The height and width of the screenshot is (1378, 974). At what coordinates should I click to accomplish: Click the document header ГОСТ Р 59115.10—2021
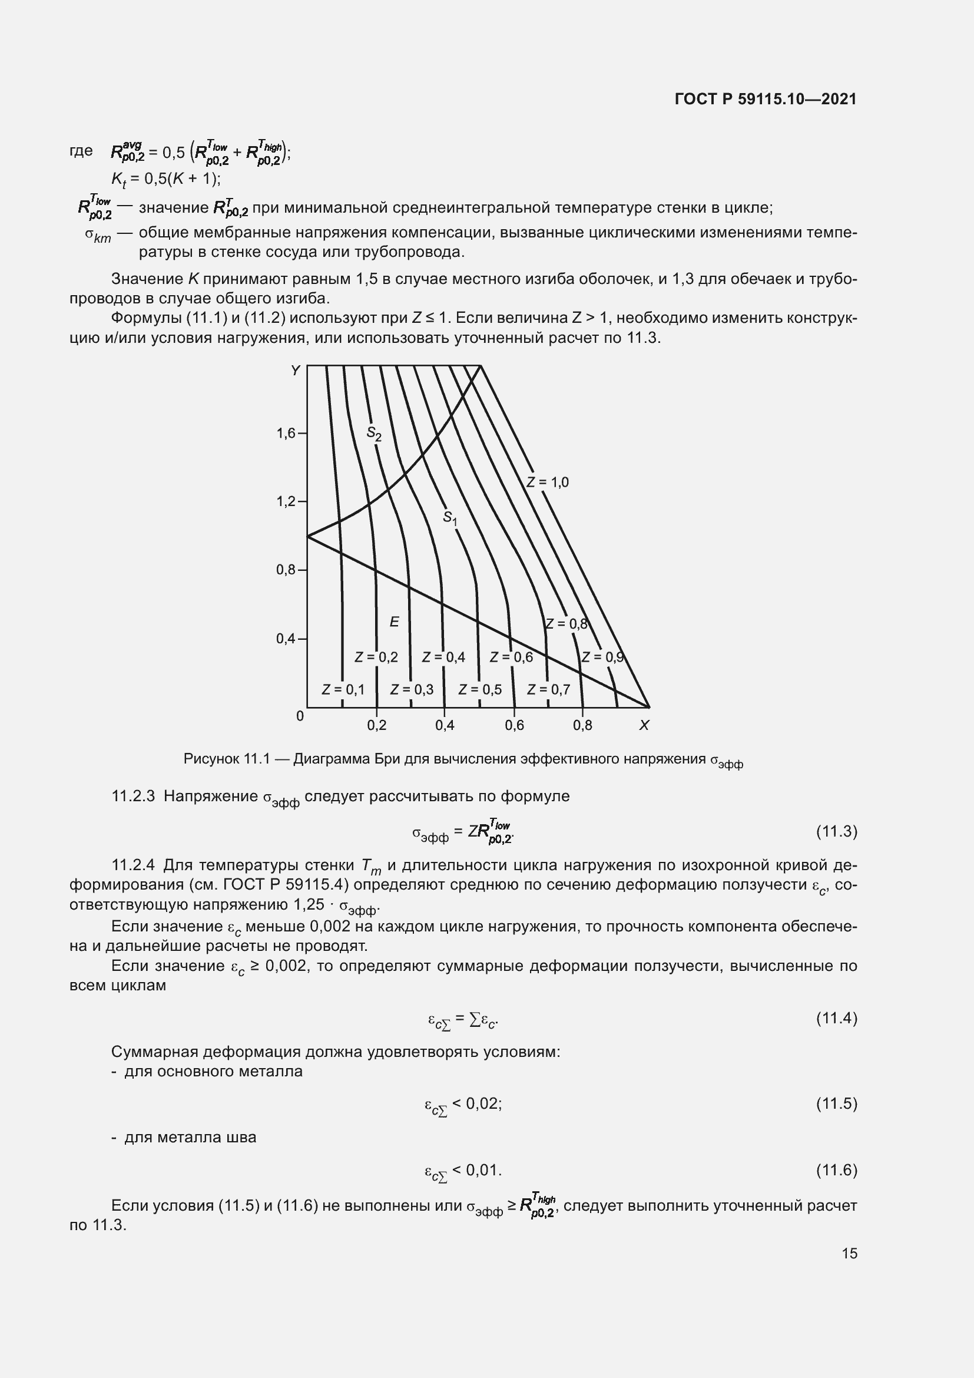pos(766,99)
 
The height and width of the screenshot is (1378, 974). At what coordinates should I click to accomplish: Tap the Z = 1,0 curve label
pos(548,482)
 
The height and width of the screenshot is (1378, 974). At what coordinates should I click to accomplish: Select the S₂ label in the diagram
pos(375,434)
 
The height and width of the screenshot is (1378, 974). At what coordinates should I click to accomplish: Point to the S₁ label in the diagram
pos(450,518)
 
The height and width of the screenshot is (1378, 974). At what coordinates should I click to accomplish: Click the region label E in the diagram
pos(394,622)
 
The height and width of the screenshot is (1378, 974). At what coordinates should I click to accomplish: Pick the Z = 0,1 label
pos(343,690)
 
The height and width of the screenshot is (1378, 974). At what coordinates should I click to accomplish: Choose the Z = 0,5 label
pos(480,690)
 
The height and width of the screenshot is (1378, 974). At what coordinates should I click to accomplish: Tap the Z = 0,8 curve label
pos(566,623)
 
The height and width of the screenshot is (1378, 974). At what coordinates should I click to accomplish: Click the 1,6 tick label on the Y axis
pos(286,434)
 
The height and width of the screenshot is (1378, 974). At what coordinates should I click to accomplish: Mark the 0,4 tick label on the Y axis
pos(286,639)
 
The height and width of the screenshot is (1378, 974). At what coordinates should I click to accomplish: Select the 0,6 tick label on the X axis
pos(514,726)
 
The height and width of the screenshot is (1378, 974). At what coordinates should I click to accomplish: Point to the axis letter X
pos(644,726)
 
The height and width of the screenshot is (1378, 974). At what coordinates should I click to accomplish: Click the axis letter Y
pos(295,371)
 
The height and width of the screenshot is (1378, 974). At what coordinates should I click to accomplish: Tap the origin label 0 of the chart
pos(300,716)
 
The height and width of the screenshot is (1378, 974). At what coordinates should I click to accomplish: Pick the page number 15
pos(849,1253)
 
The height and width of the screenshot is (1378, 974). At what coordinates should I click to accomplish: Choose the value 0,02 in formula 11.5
pos(483,1103)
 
